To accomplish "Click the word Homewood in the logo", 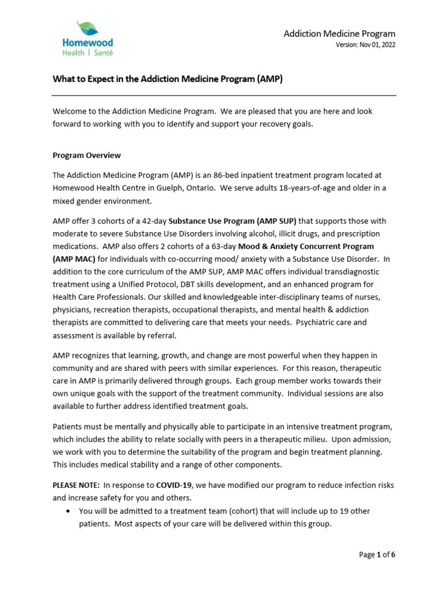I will click(x=87, y=43).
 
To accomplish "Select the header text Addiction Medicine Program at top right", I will click(x=339, y=33).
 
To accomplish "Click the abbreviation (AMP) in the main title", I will click(x=269, y=79).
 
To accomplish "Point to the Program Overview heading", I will click(x=86, y=155).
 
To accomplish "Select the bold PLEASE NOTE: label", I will click(x=73, y=485).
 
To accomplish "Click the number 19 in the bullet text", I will click(x=341, y=511).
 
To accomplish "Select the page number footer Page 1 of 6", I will click(x=377, y=554).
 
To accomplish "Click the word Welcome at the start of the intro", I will click(x=69, y=111).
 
